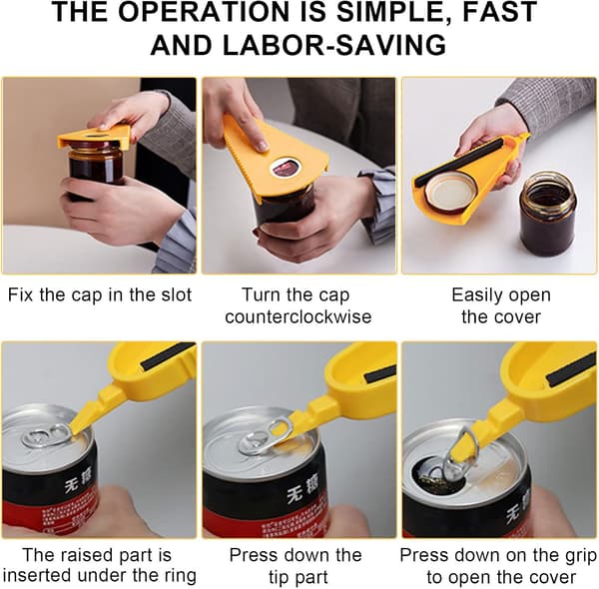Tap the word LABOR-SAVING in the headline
point(334,46)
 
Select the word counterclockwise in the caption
point(299,317)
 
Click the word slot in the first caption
point(176,295)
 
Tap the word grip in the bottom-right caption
point(580,556)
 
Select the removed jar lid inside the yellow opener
point(450,193)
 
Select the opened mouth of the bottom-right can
point(438,477)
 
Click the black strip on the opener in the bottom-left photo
point(168,356)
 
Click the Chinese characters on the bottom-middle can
point(302,492)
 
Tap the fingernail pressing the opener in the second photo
point(262,145)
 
